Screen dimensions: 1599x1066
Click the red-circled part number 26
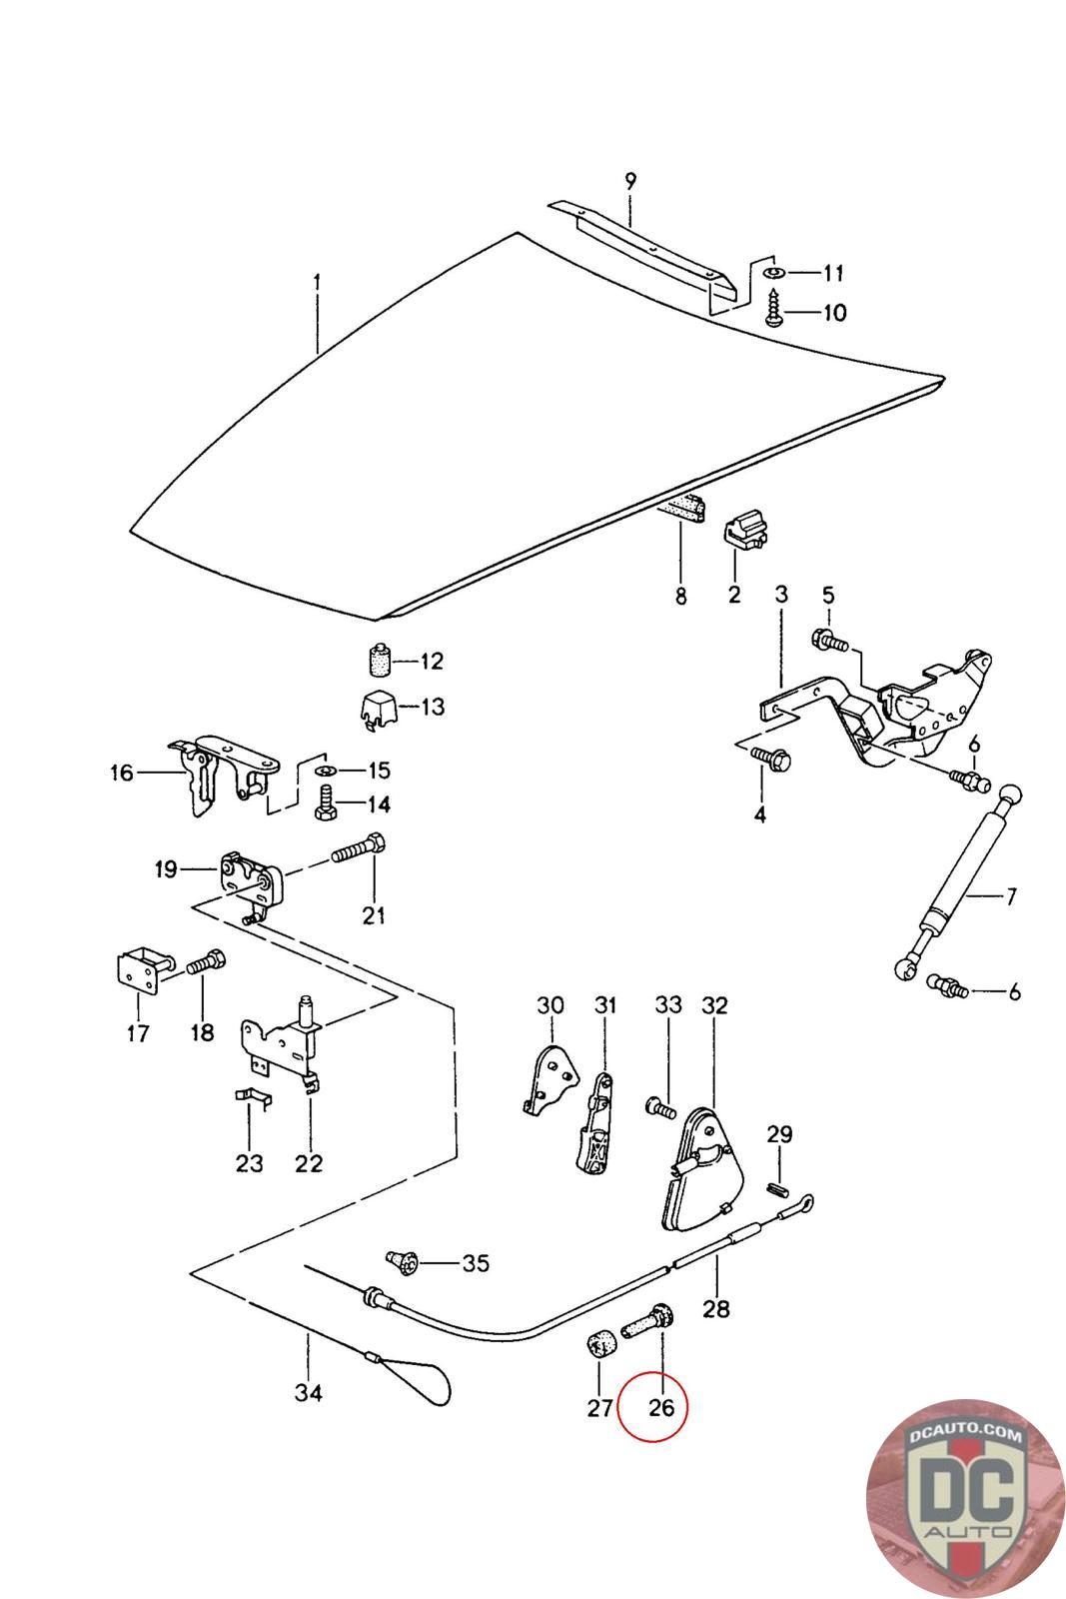[x=661, y=1407]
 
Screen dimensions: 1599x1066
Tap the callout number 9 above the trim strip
[x=630, y=182]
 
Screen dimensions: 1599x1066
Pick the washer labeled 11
[x=774, y=272]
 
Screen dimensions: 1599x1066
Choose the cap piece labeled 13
[x=378, y=707]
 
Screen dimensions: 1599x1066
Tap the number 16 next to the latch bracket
[x=121, y=773]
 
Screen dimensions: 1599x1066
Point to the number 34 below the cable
[x=308, y=1392]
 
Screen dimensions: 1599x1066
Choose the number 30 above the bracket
[x=550, y=1005]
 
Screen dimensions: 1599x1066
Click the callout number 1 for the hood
[x=317, y=283]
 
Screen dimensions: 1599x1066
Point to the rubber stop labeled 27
[x=600, y=1345]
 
